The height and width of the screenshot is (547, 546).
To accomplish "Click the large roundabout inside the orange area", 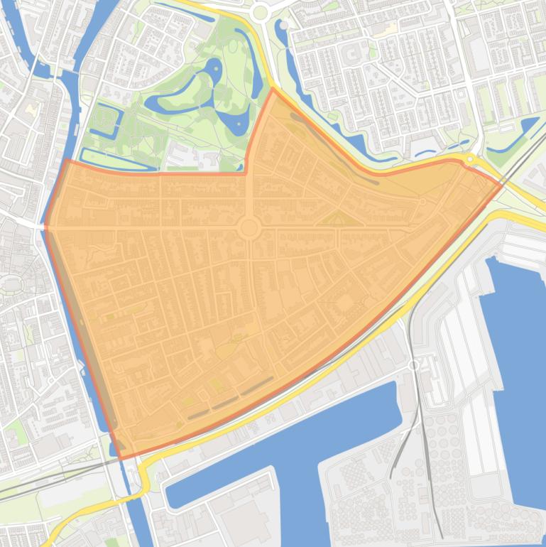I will [249, 228].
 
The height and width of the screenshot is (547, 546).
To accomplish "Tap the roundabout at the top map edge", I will [260, 11].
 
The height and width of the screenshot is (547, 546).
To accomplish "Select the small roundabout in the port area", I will [413, 365].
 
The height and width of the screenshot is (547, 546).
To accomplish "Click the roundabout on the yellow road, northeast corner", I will [470, 160].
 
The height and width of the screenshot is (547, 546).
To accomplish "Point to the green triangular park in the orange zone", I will [339, 219].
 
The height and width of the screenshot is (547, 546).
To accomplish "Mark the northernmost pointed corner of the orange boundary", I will [273, 90].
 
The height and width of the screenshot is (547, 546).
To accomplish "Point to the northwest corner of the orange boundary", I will [67, 160].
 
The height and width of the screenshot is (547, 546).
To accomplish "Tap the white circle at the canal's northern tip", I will [285, 25].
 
